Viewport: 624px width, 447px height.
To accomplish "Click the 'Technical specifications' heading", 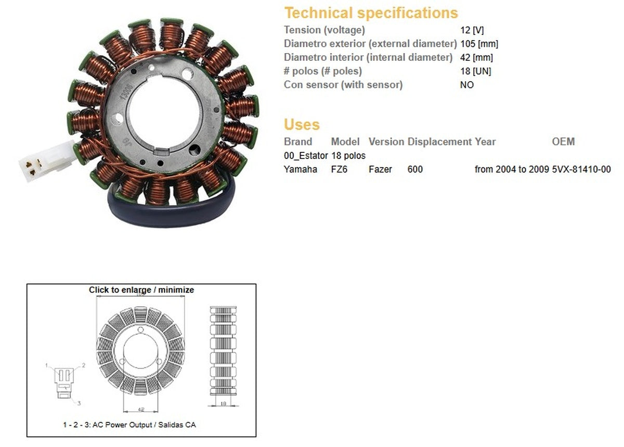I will tap(371, 13).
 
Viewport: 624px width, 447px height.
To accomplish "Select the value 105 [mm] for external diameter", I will tap(479, 44).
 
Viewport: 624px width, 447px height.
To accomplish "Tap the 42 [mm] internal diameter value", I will tap(476, 58).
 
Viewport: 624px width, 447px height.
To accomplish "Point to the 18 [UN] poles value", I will tap(475, 71).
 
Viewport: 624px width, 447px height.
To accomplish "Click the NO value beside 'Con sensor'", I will tap(467, 85).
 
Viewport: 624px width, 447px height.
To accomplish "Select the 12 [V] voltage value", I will tap(472, 31).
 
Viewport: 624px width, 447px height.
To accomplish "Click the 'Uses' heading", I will tap(302, 125).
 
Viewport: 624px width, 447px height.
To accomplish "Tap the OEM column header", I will tap(563, 142).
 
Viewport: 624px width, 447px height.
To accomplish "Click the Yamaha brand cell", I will tap(300, 169).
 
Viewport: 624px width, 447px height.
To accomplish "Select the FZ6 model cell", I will tap(340, 169).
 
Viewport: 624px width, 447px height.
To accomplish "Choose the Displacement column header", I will tap(439, 142).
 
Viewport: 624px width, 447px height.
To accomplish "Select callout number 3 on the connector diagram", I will tap(79, 403).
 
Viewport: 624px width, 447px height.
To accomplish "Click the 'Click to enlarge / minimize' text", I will tap(141, 290).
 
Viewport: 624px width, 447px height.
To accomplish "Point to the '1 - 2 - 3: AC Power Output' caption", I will tap(129, 425).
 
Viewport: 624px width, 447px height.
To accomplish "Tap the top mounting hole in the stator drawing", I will tap(141, 331).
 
